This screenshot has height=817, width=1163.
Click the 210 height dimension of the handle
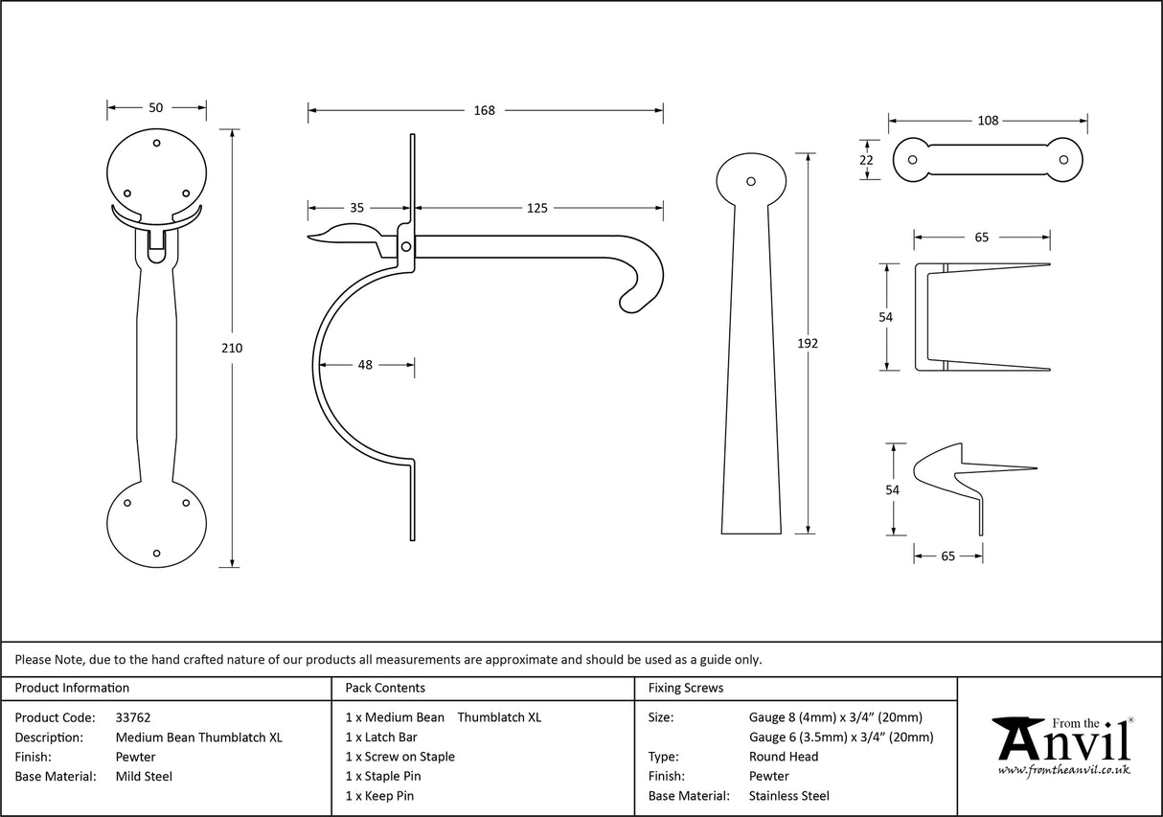pos(232,348)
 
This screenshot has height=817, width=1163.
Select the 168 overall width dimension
pos(485,110)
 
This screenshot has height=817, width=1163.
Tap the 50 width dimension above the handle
pos(156,107)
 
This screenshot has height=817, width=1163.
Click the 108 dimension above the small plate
pos(988,120)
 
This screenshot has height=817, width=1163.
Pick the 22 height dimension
pos(866,160)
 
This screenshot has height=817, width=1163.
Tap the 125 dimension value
pos(537,207)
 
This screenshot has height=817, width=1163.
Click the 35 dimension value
pos(356,207)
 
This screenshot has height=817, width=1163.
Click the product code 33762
pos(133,716)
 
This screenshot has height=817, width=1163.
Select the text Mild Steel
pos(144,777)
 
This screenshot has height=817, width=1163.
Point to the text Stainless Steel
pos(788,796)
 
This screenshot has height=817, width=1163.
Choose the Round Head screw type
pos(783,757)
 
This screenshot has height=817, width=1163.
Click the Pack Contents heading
pos(385,688)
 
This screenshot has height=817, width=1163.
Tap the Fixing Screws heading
pos(686,688)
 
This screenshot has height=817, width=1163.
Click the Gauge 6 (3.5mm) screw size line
pos(840,737)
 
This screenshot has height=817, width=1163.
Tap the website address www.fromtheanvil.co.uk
pos(1063,770)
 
